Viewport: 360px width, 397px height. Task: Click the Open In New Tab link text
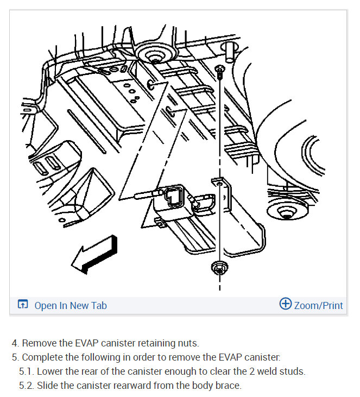[x=71, y=305]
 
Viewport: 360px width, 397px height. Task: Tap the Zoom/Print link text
[x=318, y=305]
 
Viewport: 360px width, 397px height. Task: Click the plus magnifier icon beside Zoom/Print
[x=285, y=304]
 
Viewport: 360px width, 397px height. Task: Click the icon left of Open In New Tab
[x=23, y=304]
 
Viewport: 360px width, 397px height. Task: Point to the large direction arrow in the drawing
[x=94, y=255]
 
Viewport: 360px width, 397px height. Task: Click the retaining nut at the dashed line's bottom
[x=219, y=268]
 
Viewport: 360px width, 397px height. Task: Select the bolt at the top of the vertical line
[x=219, y=72]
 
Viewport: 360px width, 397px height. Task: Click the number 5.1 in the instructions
[x=26, y=371]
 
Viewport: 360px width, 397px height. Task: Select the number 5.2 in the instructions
[x=26, y=386]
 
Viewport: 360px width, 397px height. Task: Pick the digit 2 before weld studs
[x=252, y=371]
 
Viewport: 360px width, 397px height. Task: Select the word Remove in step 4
[x=39, y=343]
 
